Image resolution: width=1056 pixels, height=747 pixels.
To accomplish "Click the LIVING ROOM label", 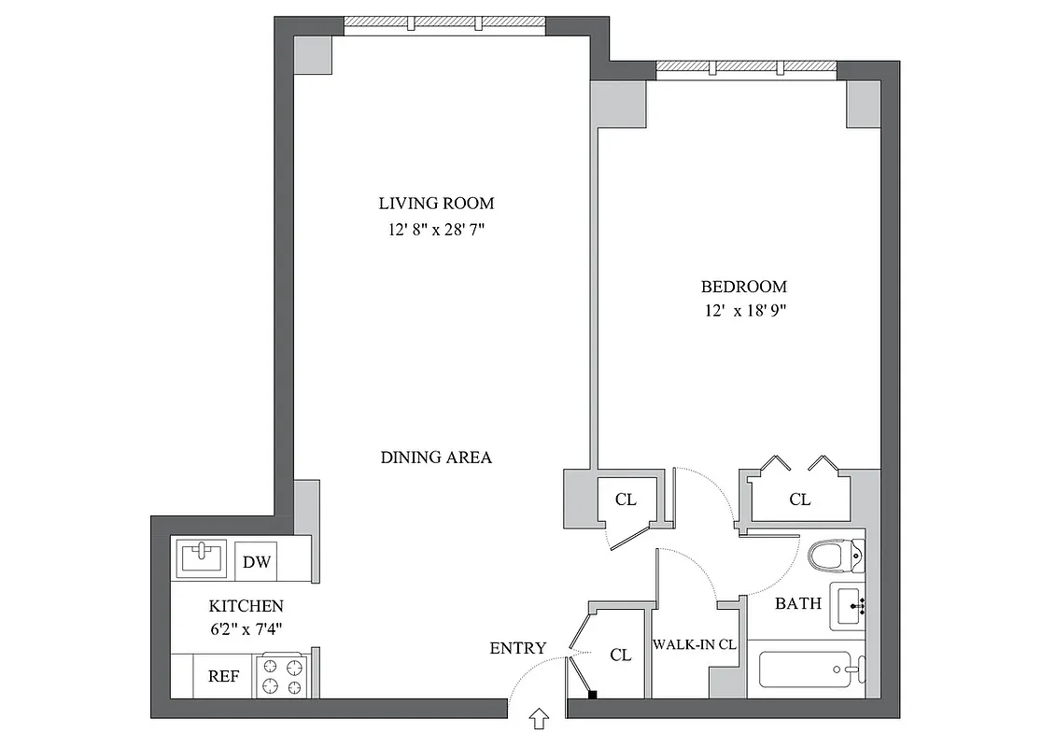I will point(436,203).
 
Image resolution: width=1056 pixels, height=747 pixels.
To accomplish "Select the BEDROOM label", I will point(743,287).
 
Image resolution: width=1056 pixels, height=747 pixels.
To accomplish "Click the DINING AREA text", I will point(436,458).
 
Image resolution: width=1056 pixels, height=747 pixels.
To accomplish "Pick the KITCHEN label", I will point(246,606).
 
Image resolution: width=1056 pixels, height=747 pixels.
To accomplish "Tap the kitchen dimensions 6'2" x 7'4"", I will point(246,628).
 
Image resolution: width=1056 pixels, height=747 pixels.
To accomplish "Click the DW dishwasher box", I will point(256,562).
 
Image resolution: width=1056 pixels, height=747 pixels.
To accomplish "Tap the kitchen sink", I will point(203,557).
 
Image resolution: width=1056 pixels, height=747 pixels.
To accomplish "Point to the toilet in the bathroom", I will point(834,557).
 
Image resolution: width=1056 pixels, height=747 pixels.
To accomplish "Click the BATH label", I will point(798,603).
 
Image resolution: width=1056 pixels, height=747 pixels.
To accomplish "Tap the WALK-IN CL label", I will point(695,644).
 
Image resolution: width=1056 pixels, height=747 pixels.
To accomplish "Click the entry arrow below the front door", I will point(540,718).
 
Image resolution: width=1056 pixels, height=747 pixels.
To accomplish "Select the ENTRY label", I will point(517,648).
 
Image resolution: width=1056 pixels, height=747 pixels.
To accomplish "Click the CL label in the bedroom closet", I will point(799,500).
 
